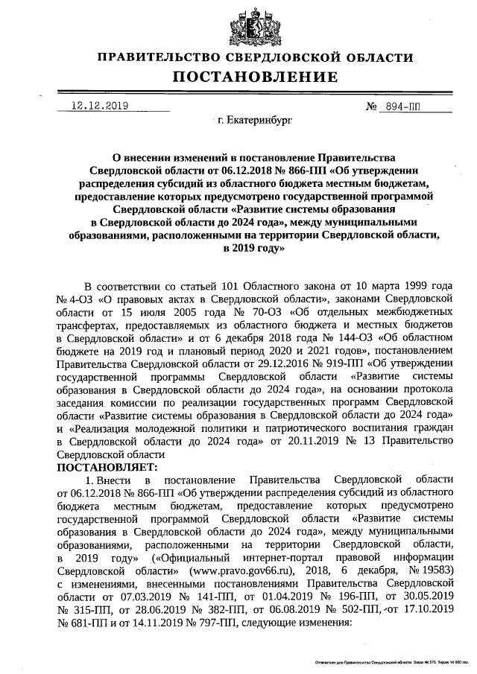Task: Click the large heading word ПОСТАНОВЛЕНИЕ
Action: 255,77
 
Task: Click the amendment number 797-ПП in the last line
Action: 184,623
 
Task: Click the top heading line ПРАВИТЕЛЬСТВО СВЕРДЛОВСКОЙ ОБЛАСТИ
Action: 255,57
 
